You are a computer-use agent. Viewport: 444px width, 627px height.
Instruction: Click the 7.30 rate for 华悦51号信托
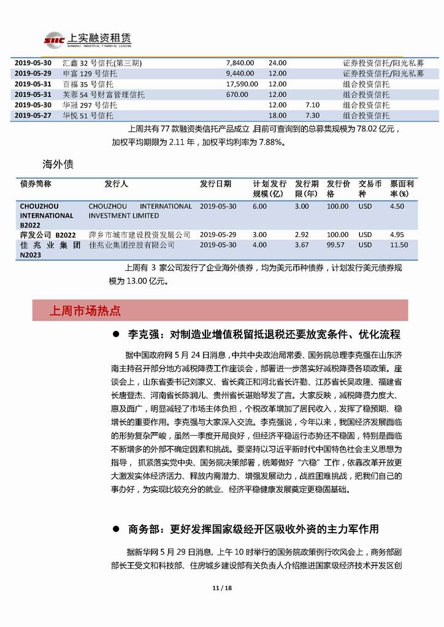tap(312, 115)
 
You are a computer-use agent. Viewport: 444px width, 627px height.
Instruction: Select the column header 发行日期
tap(215, 184)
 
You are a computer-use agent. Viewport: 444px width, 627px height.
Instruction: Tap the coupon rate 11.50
tap(399, 245)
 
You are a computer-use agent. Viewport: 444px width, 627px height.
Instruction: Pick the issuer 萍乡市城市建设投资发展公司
tap(140, 235)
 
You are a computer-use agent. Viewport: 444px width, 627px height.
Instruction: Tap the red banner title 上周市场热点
tap(85, 311)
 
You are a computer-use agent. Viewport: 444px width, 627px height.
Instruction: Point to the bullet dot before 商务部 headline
tap(115, 529)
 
